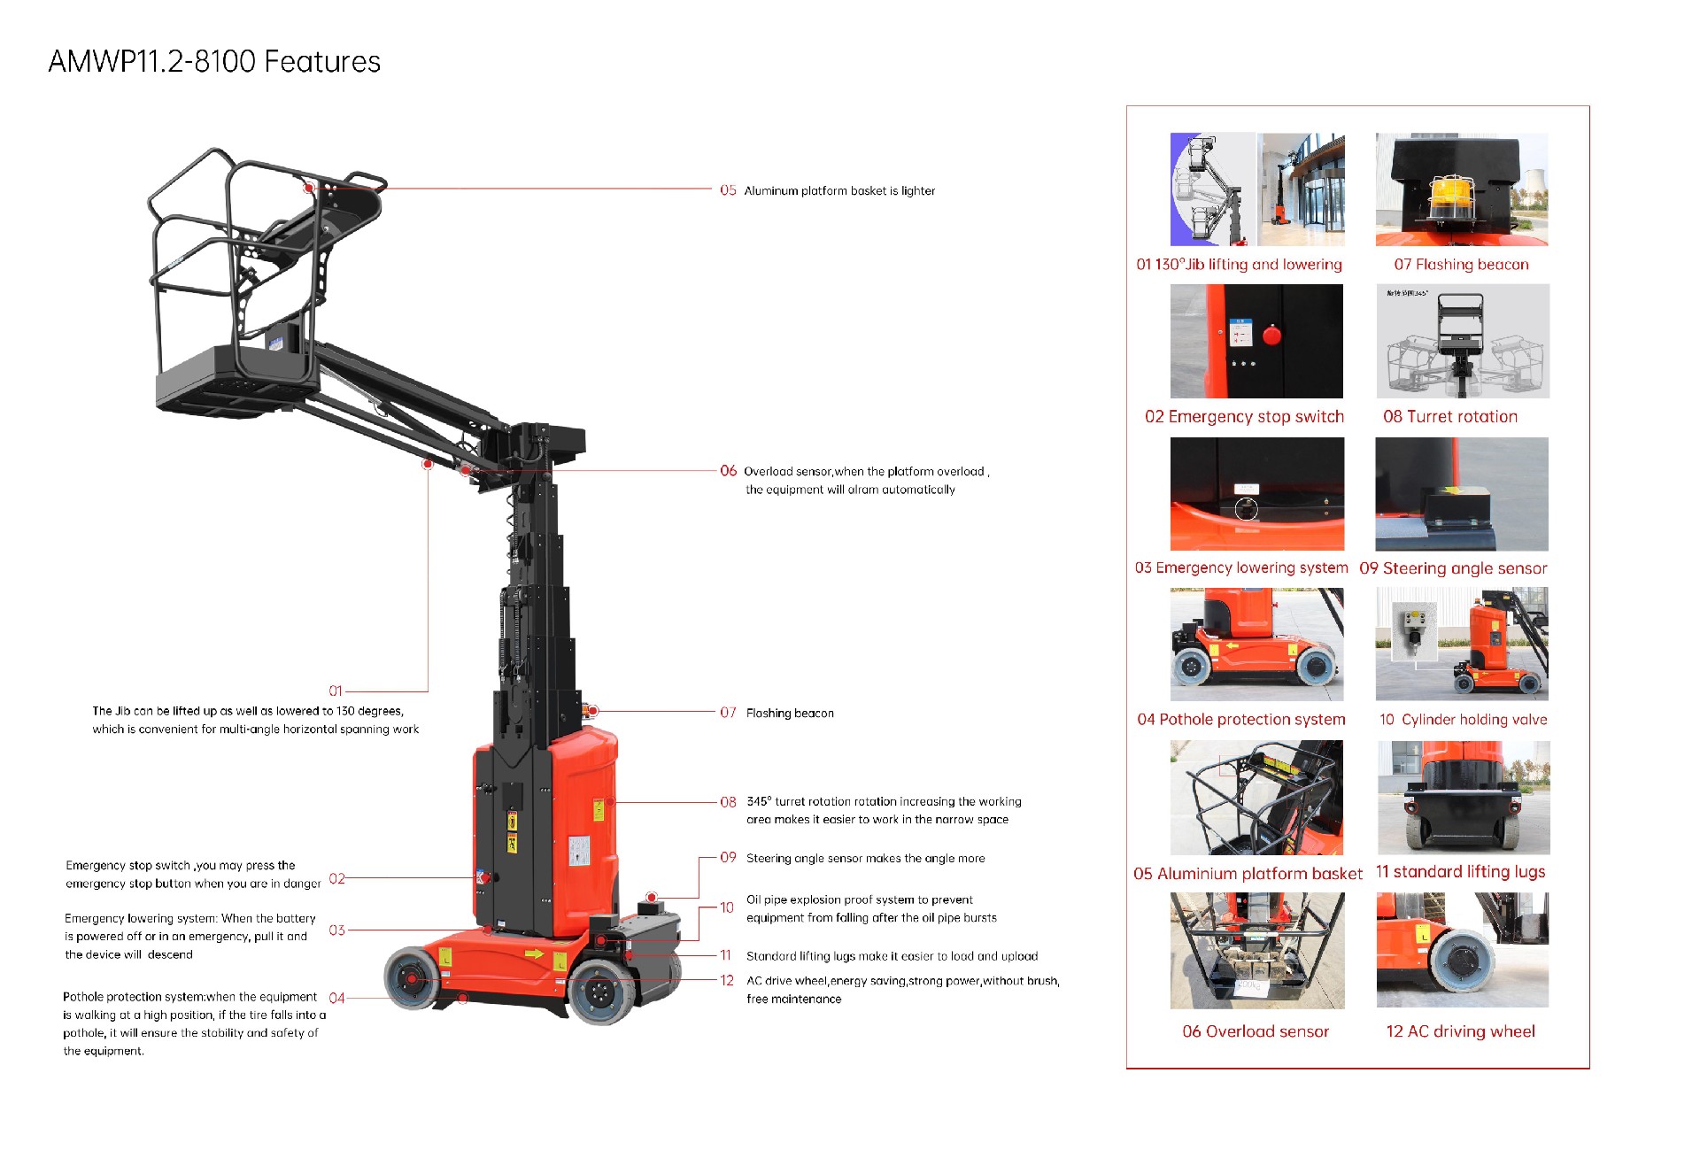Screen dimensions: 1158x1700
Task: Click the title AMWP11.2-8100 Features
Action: [x=214, y=62]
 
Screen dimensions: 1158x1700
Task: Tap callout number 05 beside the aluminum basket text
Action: [x=728, y=190]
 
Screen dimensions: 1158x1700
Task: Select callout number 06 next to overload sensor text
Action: [x=728, y=471]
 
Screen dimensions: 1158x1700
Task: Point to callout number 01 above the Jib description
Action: [x=336, y=691]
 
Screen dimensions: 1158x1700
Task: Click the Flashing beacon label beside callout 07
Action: [x=790, y=714]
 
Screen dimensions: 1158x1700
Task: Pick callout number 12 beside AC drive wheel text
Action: [x=727, y=981]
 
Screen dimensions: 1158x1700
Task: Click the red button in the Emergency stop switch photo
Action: [x=1272, y=336]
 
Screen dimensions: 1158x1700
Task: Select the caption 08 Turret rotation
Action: [x=1450, y=417]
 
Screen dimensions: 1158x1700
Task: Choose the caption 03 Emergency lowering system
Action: [x=1241, y=568]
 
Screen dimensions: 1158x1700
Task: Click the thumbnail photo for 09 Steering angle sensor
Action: [x=1462, y=494]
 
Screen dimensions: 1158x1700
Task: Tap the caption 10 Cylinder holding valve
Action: [x=1463, y=720]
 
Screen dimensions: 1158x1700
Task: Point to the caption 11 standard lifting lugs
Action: [x=1460, y=872]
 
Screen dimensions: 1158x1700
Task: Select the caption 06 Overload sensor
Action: [x=1256, y=1031]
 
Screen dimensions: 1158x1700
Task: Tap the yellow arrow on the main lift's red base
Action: [x=534, y=954]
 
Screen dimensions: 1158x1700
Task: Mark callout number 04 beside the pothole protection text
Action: [x=336, y=999]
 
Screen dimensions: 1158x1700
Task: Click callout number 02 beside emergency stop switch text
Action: [x=336, y=879]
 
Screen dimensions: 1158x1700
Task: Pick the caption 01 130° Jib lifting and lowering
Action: [x=1239, y=265]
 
